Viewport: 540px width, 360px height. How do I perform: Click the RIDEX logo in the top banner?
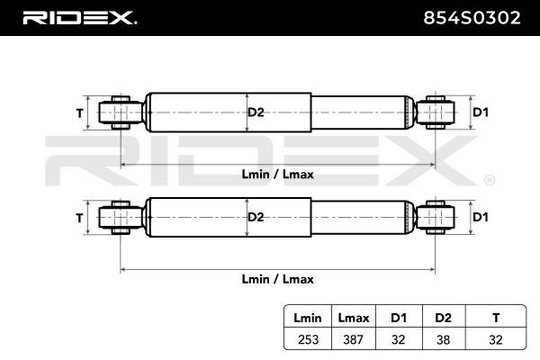[79, 18]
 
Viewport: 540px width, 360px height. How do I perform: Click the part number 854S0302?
[472, 18]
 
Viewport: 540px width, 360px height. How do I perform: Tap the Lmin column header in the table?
[308, 318]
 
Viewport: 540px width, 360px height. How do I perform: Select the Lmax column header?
[354, 318]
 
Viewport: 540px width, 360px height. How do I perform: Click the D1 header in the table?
[399, 318]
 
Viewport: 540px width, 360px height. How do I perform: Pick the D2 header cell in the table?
[443, 318]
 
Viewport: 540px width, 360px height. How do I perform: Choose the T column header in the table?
[496, 318]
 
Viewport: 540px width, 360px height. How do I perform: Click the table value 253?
[308, 339]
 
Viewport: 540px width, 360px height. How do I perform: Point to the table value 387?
[354, 339]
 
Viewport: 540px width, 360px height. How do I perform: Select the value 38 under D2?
[443, 339]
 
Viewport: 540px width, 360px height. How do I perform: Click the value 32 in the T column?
[496, 339]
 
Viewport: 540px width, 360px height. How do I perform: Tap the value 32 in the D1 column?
[399, 339]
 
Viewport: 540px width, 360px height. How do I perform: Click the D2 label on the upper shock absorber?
[256, 112]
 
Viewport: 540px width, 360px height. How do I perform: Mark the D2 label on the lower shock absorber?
[256, 217]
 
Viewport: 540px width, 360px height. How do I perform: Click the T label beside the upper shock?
[79, 113]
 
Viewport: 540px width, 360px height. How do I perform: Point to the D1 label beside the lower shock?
[481, 217]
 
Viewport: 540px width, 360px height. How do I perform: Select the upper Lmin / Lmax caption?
[277, 175]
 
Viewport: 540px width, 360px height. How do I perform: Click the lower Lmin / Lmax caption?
[277, 279]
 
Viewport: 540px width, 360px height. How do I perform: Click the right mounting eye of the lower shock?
[436, 218]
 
